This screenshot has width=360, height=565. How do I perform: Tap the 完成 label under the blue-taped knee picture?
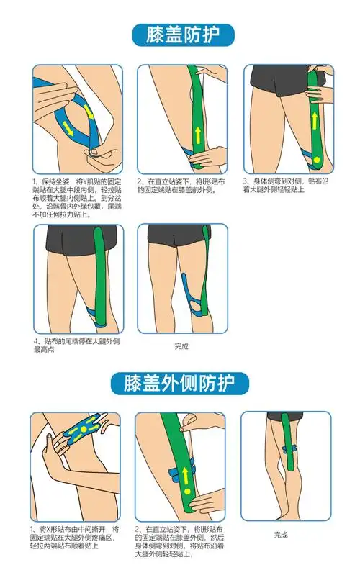coord(181,346)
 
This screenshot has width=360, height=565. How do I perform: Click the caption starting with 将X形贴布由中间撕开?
coord(75,536)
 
